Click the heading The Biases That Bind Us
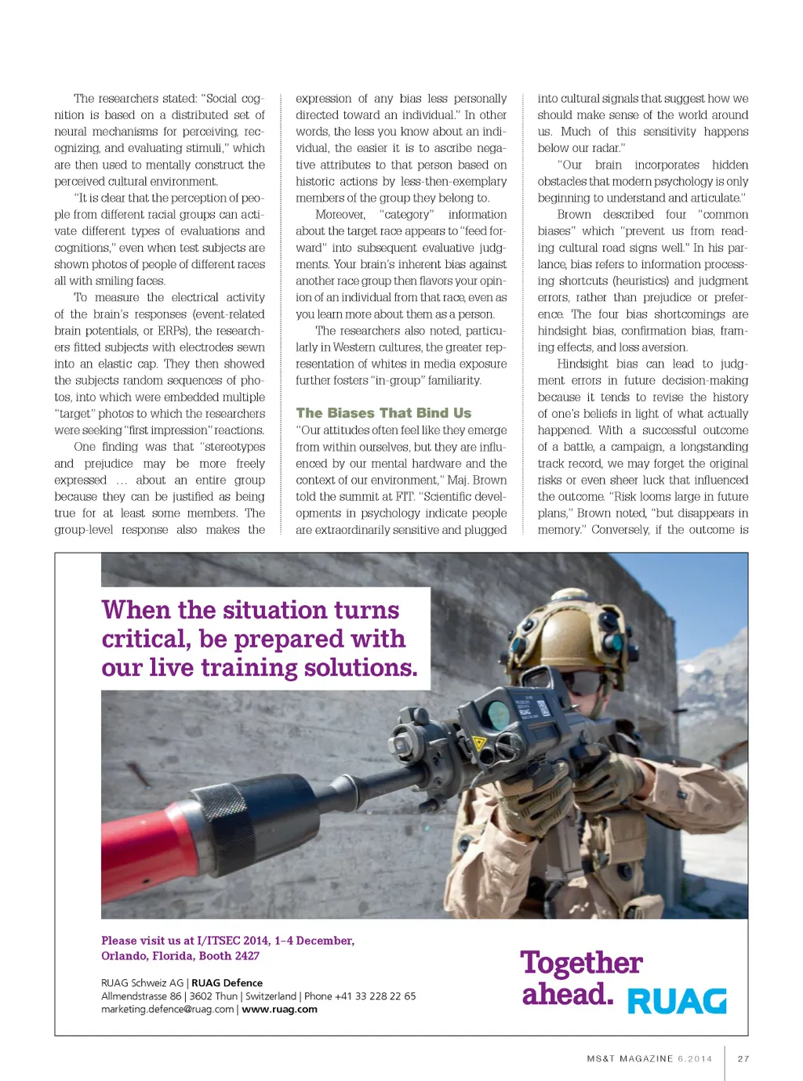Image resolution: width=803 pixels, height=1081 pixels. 383,413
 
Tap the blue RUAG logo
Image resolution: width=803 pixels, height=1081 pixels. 677,1001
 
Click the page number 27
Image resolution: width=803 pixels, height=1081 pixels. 743,1058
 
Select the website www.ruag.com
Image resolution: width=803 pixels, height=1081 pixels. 279,1010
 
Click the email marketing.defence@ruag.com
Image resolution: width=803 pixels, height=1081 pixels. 167,1010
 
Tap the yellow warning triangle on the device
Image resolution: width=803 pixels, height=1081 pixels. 480,742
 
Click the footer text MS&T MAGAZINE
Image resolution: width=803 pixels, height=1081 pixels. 630,1058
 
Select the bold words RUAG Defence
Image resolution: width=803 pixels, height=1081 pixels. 227,983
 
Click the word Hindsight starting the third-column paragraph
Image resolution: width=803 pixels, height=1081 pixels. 583,364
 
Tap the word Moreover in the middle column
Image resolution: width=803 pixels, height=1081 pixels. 340,215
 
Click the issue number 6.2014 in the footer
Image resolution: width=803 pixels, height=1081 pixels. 695,1058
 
